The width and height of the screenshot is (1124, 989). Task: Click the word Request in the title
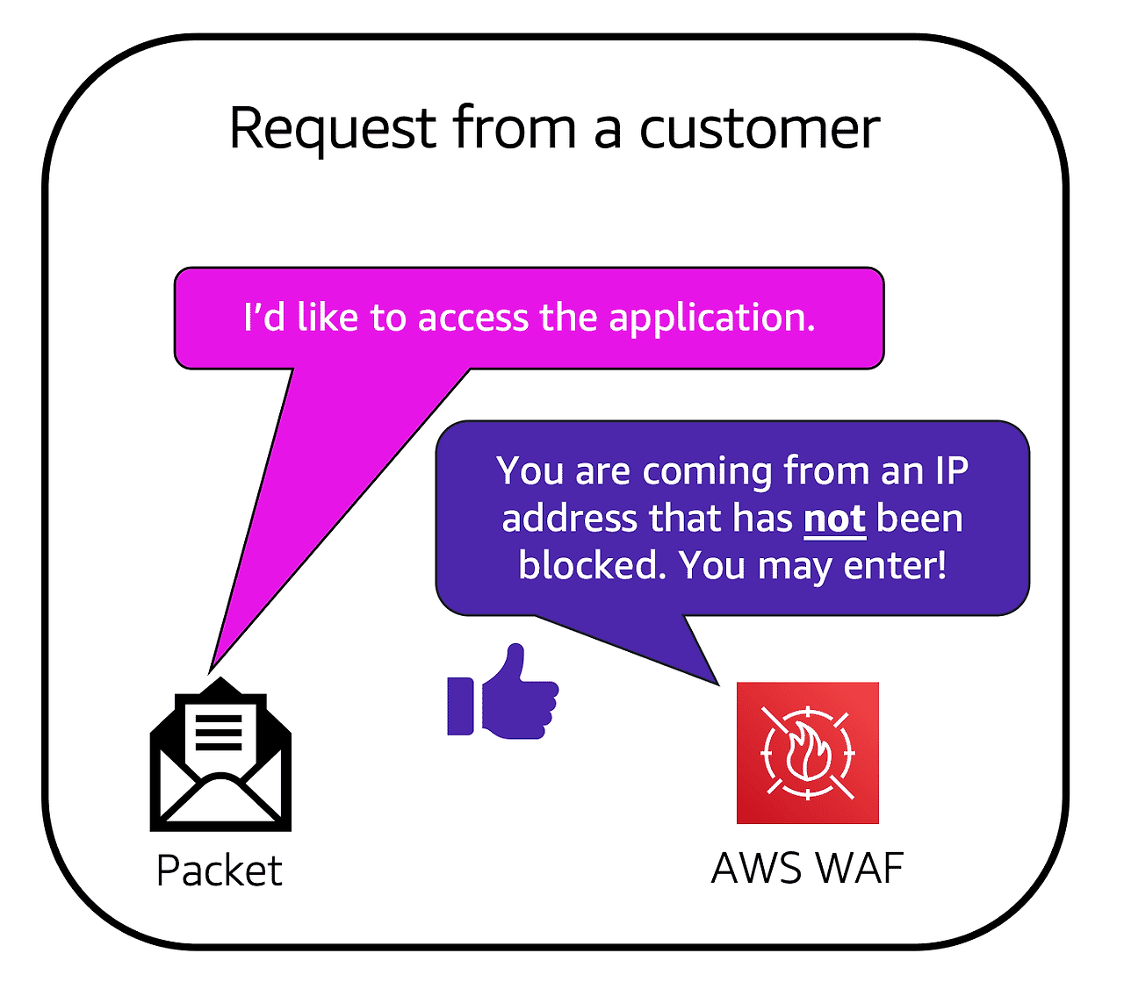(332, 129)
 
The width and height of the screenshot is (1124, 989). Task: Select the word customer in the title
(759, 129)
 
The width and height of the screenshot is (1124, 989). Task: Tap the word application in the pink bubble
(712, 318)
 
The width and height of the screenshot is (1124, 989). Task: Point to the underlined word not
(834, 519)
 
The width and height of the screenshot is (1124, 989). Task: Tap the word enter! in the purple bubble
(895, 565)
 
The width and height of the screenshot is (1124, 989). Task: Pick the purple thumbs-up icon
(503, 693)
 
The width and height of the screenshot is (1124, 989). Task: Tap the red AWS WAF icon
(807, 753)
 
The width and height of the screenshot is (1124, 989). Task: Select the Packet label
(220, 871)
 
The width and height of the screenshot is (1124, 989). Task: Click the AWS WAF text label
(807, 869)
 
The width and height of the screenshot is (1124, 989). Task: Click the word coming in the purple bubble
(707, 471)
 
